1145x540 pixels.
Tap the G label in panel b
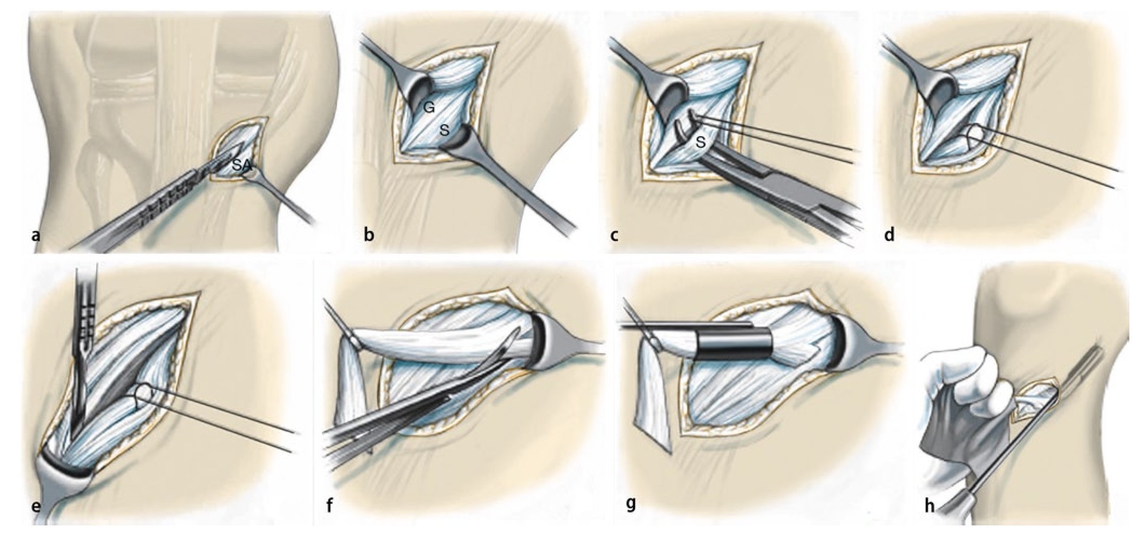429,108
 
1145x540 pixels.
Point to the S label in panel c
701,143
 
